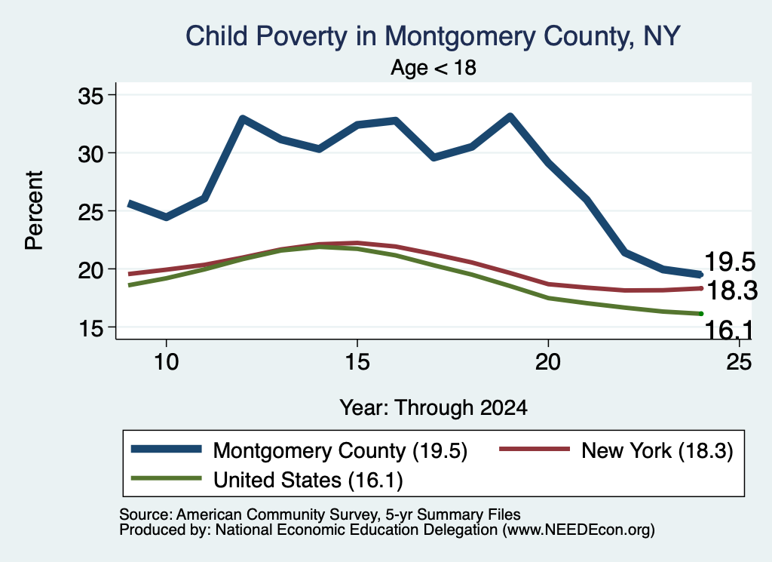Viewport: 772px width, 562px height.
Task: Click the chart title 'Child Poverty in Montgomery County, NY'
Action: click(433, 36)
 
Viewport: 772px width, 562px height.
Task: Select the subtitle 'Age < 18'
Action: click(433, 67)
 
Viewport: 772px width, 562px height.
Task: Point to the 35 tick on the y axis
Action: click(90, 96)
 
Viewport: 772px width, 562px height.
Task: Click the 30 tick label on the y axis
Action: click(90, 154)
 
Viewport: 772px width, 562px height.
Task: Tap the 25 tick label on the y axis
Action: click(90, 212)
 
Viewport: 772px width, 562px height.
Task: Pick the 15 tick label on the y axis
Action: click(90, 328)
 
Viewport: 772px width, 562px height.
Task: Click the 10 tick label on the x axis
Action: click(167, 362)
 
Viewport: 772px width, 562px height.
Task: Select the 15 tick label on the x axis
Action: click(357, 362)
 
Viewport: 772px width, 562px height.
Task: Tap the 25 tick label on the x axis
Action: click(739, 362)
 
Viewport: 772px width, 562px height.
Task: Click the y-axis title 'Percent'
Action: click(34, 210)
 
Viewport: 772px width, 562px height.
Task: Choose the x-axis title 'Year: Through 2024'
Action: click(433, 408)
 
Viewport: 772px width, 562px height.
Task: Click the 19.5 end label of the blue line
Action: click(730, 262)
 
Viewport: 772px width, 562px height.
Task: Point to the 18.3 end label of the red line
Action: click(732, 290)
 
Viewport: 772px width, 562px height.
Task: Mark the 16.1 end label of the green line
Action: click(729, 329)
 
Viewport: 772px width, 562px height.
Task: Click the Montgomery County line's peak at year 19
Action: click(510, 116)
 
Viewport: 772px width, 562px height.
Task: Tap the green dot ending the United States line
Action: click(701, 314)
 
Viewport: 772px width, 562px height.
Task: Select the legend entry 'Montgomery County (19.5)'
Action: click(299, 450)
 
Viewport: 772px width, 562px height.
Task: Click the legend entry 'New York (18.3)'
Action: click(617, 450)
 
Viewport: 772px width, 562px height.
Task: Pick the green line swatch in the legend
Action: click(166, 478)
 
